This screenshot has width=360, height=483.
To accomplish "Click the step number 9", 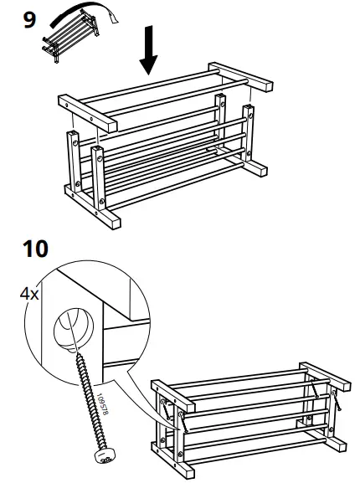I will [29, 18].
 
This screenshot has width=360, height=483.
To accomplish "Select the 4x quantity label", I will [29, 294].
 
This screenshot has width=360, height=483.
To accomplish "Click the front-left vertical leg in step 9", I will [99, 180].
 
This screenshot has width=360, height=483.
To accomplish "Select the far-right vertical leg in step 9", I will [249, 134].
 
